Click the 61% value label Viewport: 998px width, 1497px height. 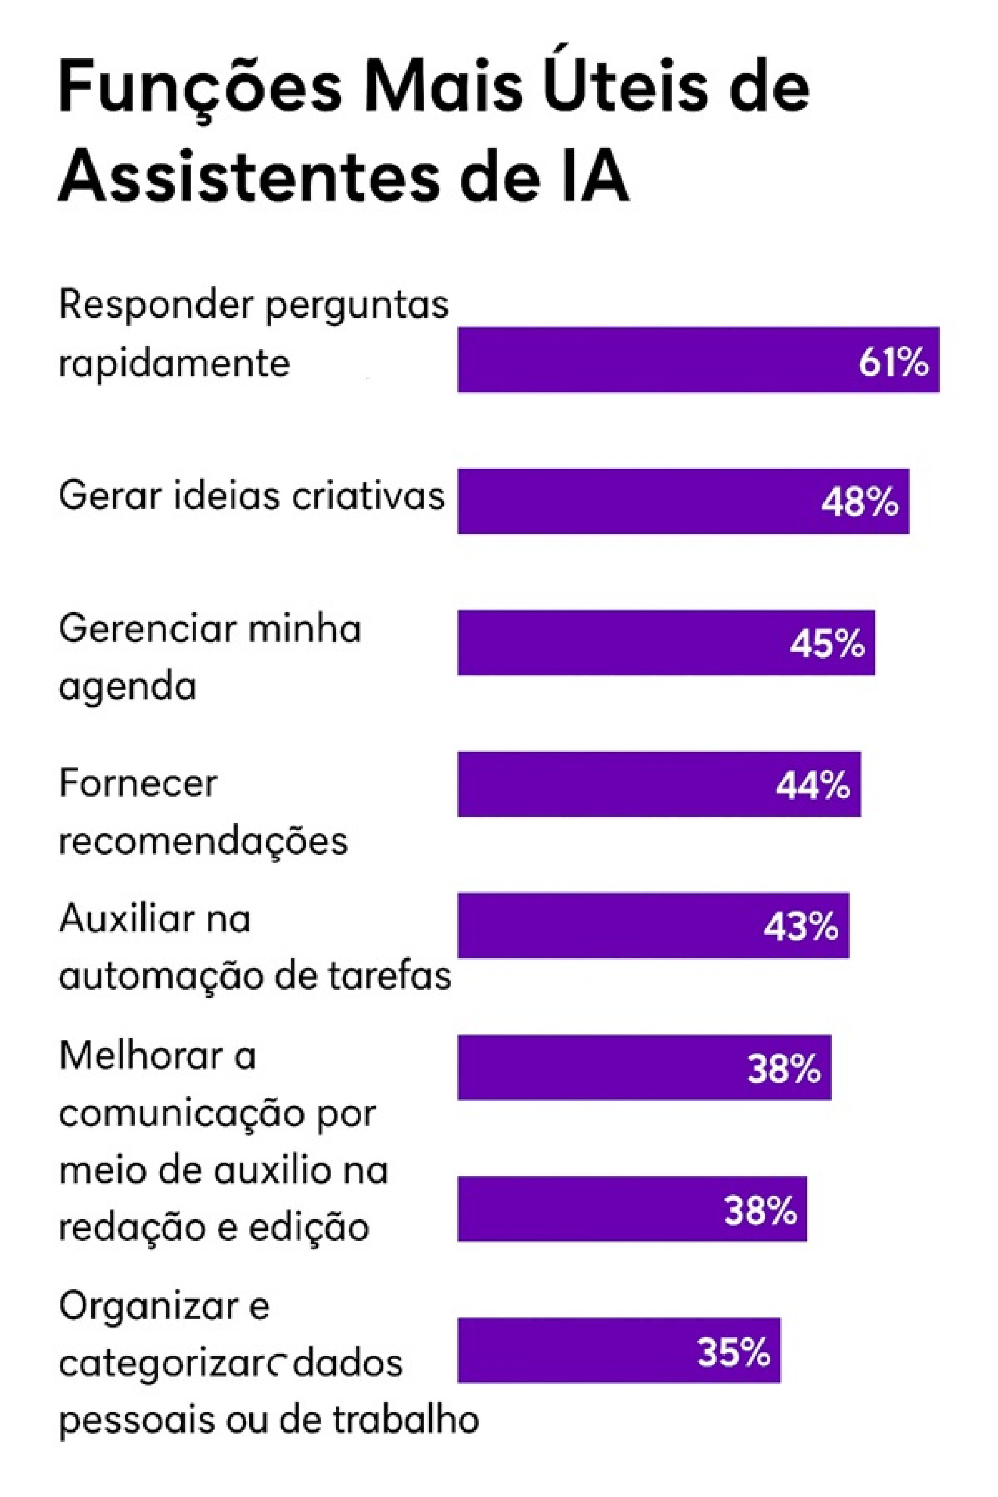click(x=893, y=363)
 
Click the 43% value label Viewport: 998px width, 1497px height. click(x=800, y=927)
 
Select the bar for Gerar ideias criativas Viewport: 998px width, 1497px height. click(x=636, y=502)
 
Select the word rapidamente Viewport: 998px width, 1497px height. click(x=174, y=363)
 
